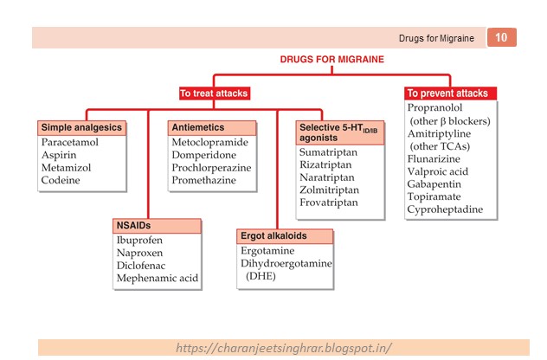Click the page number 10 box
[502, 37]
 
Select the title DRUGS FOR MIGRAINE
[331, 60]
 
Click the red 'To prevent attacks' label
[447, 93]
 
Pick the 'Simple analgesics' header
[82, 127]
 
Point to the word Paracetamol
[72, 141]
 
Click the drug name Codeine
[61, 180]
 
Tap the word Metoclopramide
[209, 142]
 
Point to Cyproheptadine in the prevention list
[452, 209]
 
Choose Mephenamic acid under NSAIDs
[158, 279]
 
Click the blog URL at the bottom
[284, 348]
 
